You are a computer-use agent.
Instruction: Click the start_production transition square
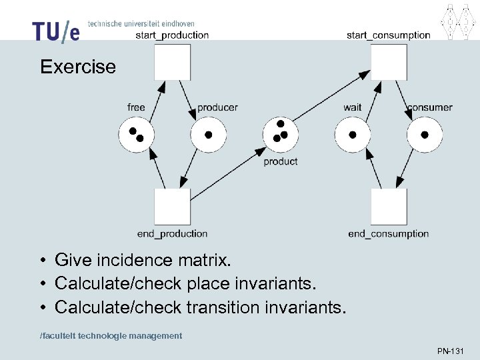(173, 62)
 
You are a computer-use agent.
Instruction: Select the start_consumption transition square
(389, 62)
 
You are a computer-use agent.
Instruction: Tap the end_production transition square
(173, 207)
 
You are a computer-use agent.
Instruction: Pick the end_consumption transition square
(389, 207)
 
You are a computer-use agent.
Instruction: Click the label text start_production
(172, 35)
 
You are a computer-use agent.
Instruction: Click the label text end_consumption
(388, 234)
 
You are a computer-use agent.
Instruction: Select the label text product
(281, 161)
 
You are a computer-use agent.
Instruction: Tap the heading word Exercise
(78, 67)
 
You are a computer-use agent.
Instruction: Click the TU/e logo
(55, 31)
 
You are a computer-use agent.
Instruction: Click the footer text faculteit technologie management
(111, 336)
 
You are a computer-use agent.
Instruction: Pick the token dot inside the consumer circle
(425, 135)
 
